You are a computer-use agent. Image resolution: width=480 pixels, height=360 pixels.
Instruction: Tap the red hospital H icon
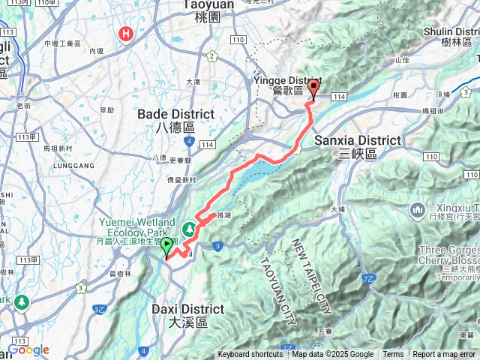[x=126, y=34]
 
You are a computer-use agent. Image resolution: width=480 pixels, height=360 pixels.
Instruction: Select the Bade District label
[x=176, y=120]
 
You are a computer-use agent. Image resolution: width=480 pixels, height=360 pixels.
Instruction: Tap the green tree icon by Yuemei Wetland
[x=189, y=226]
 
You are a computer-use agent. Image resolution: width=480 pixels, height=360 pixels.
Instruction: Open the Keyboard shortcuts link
[x=250, y=354]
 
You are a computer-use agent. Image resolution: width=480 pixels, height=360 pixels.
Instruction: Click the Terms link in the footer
[x=393, y=354]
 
